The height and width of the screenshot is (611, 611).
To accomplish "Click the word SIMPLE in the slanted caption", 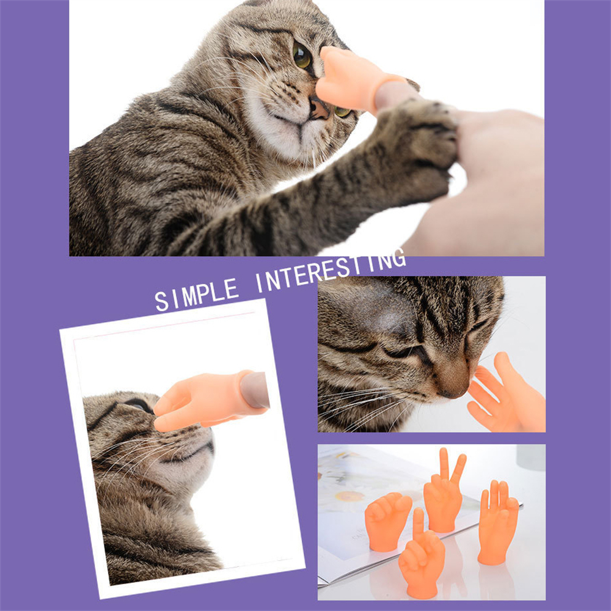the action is tap(197, 295).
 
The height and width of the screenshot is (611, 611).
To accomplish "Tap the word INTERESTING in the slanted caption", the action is tap(331, 271).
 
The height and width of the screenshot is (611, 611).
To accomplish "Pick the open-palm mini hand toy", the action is tap(498, 522).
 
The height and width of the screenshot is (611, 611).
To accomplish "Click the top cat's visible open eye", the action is tap(301, 56).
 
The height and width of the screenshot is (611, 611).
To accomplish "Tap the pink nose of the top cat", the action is tap(318, 109).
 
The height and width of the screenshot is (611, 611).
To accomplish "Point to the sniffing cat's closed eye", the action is tap(401, 351).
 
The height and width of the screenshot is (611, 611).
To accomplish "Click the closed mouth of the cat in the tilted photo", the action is tap(191, 454).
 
